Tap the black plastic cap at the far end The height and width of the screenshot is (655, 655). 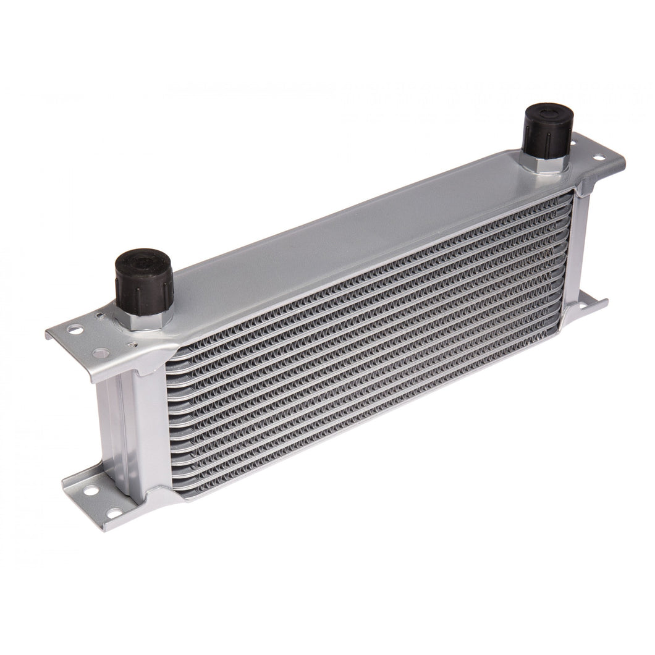[549, 131]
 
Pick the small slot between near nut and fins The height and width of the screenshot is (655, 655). [132, 345]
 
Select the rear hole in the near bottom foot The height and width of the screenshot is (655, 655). [91, 491]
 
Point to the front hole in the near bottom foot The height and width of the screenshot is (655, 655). [114, 512]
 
